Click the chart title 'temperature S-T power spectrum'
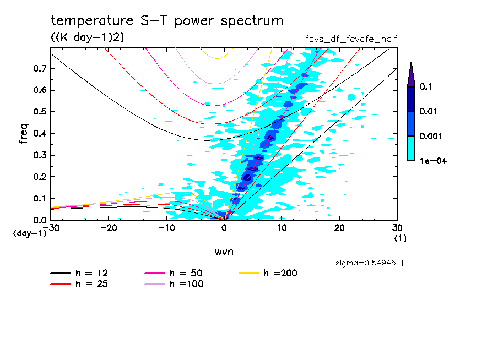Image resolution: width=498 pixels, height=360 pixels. pyautogui.click(x=167, y=21)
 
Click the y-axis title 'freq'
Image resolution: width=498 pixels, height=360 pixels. pyautogui.click(x=24, y=134)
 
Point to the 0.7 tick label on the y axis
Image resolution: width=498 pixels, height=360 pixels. pyautogui.click(x=40, y=68)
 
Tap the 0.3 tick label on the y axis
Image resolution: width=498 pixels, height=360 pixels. pyautogui.click(x=40, y=155)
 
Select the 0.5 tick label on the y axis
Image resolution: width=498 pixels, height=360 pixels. pyautogui.click(x=40, y=112)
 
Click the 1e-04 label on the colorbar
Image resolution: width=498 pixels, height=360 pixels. pyautogui.click(x=433, y=161)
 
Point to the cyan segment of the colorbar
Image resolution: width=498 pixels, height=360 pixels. pyautogui.click(x=411, y=148)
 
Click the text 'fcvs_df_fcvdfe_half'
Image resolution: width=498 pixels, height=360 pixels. pyautogui.click(x=351, y=39)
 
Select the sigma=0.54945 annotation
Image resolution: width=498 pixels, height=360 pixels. pyautogui.click(x=365, y=263)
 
